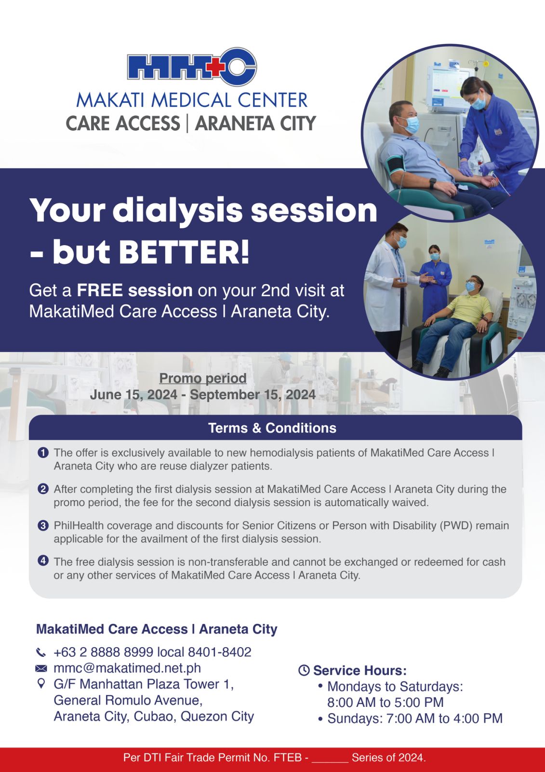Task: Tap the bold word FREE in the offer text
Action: point(100,290)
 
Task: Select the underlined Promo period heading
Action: point(203,378)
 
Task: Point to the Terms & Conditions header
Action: point(272,428)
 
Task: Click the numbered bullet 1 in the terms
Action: point(43,453)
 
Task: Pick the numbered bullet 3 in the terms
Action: point(43,525)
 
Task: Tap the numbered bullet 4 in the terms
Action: point(43,562)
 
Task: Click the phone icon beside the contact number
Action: point(40,652)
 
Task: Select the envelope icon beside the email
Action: point(41,668)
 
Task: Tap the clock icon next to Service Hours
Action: point(304,670)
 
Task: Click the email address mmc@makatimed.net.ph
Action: point(127,668)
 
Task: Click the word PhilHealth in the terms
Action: point(79,525)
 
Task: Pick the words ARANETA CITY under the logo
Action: point(255,124)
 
